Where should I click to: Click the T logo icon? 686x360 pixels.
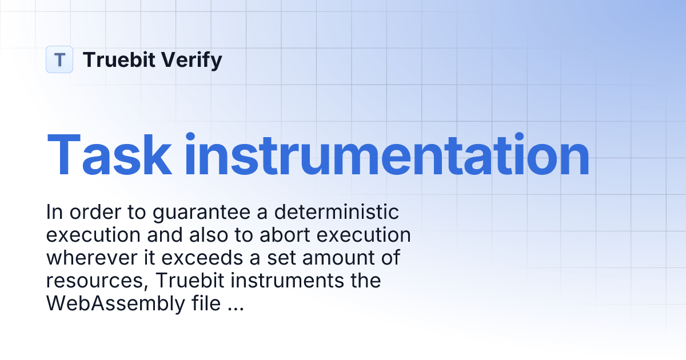[59, 59]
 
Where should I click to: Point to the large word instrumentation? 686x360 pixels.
[386, 155]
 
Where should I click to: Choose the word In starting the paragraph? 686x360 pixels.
[54, 213]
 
